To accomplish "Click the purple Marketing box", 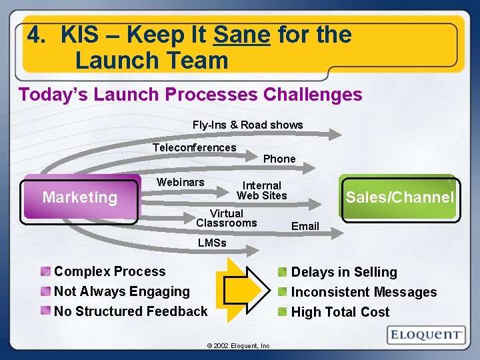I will (x=80, y=197).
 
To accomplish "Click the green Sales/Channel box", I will (x=399, y=197).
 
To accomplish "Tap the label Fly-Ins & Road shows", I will (x=247, y=125).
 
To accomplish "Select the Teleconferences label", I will (x=194, y=147).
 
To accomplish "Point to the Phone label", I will (x=279, y=159).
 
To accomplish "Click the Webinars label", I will (x=180, y=182).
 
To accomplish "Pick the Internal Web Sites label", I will (x=261, y=190).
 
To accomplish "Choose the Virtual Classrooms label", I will (x=226, y=218).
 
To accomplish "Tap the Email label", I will (x=305, y=227).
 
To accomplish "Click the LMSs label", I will (x=212, y=243).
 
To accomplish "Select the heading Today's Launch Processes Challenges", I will (x=191, y=95).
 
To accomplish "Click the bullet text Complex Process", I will (x=109, y=271).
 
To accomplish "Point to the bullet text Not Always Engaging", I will (x=121, y=291).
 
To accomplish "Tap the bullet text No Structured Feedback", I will (x=130, y=311).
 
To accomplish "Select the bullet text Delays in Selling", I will (x=343, y=272).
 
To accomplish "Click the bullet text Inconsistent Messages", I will (x=363, y=292).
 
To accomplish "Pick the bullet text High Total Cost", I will (x=340, y=312).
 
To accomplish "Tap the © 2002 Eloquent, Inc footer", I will (x=238, y=346).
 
